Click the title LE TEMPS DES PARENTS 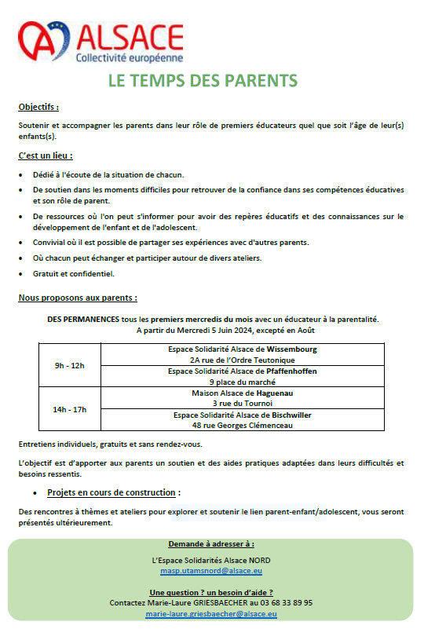click(x=203, y=81)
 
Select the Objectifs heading click(x=38, y=107)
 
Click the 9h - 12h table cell click(x=70, y=365)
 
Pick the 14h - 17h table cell click(x=70, y=409)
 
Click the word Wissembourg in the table click(x=291, y=349)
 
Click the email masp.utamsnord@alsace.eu click(x=210, y=571)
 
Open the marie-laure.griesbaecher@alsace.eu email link click(x=210, y=613)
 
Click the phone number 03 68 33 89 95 click(x=286, y=602)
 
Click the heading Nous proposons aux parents click(x=78, y=298)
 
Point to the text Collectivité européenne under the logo click(x=129, y=58)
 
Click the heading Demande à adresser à click(x=210, y=543)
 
